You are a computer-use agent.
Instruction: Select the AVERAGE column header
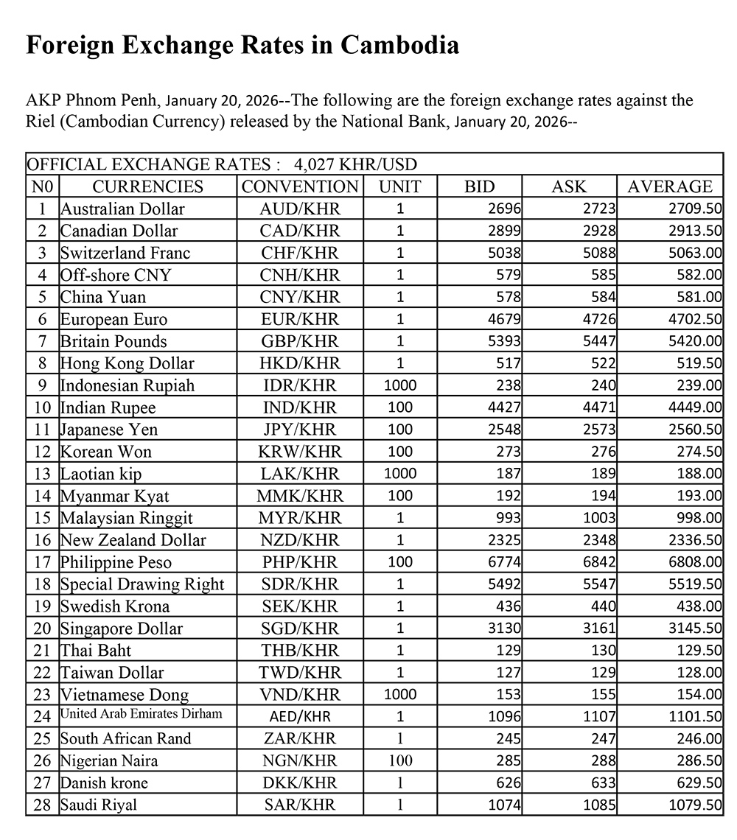(669, 186)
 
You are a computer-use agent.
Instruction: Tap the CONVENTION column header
(300, 186)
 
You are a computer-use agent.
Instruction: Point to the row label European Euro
(113, 319)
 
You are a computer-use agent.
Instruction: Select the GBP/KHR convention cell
(300, 341)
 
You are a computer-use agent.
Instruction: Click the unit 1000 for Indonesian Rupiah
(400, 385)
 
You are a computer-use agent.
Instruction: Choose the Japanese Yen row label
(109, 429)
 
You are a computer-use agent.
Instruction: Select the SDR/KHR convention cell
(300, 584)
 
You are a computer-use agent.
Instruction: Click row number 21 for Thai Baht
(43, 650)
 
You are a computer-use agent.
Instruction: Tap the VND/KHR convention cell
(300, 694)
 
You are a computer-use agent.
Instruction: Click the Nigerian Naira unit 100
(400, 760)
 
